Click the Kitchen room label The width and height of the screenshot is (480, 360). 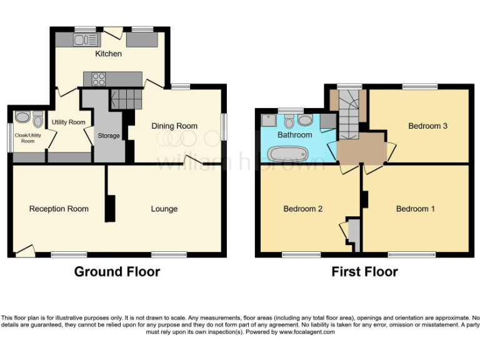tap(108, 54)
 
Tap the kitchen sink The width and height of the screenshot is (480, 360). tap(85, 40)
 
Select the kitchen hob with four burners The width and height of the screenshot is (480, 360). tap(99, 79)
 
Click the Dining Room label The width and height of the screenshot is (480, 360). tap(174, 126)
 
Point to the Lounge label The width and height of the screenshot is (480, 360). tap(164, 209)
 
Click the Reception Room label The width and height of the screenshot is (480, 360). tap(59, 209)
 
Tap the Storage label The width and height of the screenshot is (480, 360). tap(109, 136)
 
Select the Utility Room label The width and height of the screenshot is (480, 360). tap(68, 122)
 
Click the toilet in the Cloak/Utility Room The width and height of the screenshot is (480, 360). tap(38, 118)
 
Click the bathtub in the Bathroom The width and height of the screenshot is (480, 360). tap(287, 153)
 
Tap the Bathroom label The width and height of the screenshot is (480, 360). tap(294, 134)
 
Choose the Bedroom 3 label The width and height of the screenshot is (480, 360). tap(427, 126)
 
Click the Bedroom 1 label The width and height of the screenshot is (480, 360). tap(416, 209)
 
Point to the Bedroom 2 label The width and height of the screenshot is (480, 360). tap(302, 209)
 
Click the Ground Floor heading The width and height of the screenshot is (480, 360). tap(117, 271)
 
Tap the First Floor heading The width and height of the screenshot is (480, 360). tap(364, 271)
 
